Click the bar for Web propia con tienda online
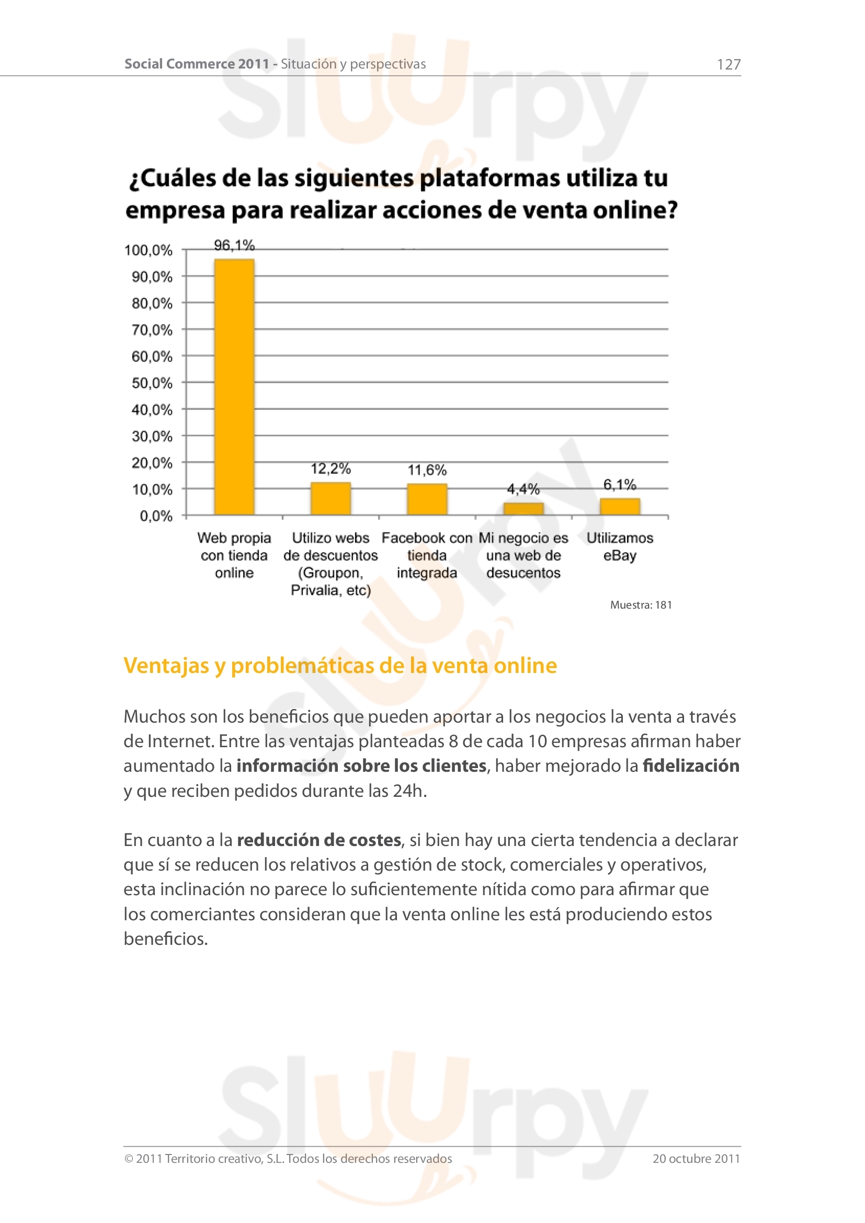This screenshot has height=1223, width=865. point(234,387)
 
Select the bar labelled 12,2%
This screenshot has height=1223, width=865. point(331,499)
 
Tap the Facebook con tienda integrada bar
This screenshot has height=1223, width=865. point(427,499)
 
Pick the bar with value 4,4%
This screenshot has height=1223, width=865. point(523,509)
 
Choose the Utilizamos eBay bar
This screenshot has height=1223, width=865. point(620,507)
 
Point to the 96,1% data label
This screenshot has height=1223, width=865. point(234,245)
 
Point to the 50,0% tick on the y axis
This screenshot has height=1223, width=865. point(152,383)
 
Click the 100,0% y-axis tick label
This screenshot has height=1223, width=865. point(149,250)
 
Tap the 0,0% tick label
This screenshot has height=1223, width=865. point(156,516)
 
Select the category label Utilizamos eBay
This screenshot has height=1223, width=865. point(620,546)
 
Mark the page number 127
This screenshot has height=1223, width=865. point(729,64)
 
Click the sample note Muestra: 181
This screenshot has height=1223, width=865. point(641,605)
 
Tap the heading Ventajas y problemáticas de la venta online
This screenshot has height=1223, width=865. point(340,666)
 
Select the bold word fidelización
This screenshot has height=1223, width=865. point(691,766)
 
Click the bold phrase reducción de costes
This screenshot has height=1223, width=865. point(318,840)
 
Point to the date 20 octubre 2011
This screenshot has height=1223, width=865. point(696,1159)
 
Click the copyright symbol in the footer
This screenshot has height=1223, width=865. point(128,1159)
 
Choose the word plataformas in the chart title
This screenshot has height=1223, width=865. point(490,178)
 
